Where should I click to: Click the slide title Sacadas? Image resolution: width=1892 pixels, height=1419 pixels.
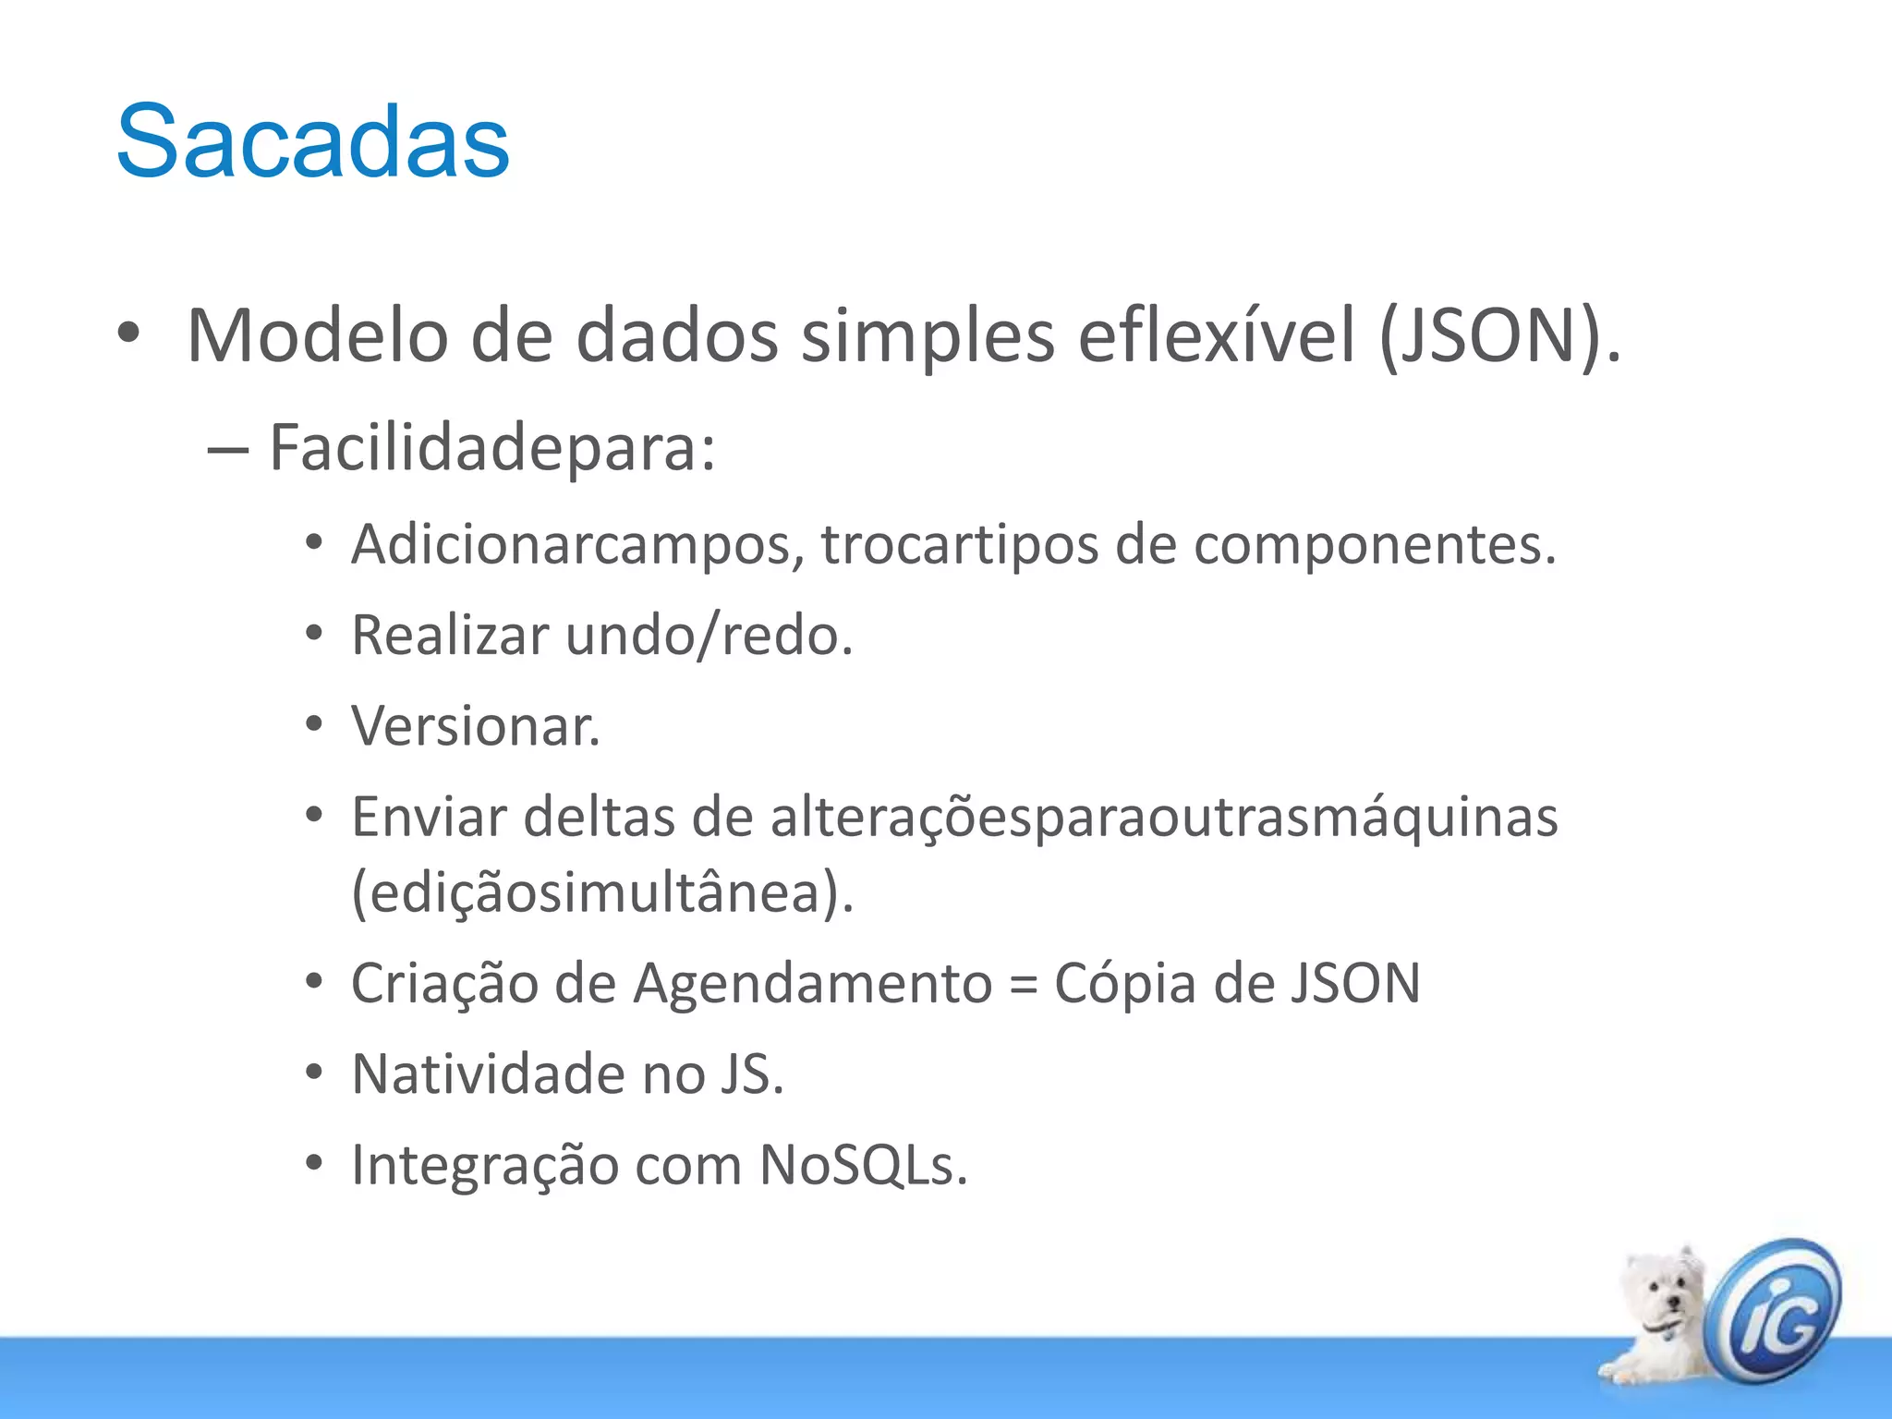point(312,141)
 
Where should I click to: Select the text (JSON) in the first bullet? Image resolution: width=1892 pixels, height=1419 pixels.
point(1498,336)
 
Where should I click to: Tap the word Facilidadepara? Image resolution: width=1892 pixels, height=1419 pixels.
point(491,448)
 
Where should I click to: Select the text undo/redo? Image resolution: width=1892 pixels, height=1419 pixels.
point(709,636)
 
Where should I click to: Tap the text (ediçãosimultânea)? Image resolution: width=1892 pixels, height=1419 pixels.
point(602,893)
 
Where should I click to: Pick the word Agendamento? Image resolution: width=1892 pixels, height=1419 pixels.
point(813,982)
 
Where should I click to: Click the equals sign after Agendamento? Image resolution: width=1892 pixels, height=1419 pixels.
point(1023,984)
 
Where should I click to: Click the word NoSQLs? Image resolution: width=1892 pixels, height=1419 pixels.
point(863,1165)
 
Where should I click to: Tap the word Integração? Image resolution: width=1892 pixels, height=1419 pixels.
point(486,1166)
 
